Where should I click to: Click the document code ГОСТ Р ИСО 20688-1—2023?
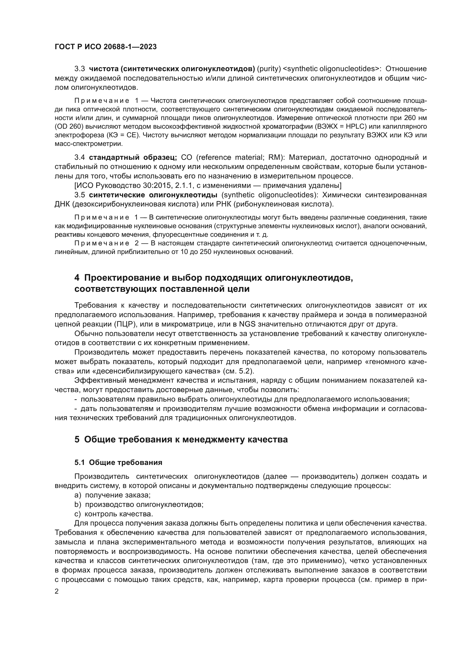105,47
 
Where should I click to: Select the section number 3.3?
80,69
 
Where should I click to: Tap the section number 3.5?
80,195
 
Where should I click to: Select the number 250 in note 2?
201,252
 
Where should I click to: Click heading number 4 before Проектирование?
77,278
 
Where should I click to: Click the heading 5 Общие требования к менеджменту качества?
181,439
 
